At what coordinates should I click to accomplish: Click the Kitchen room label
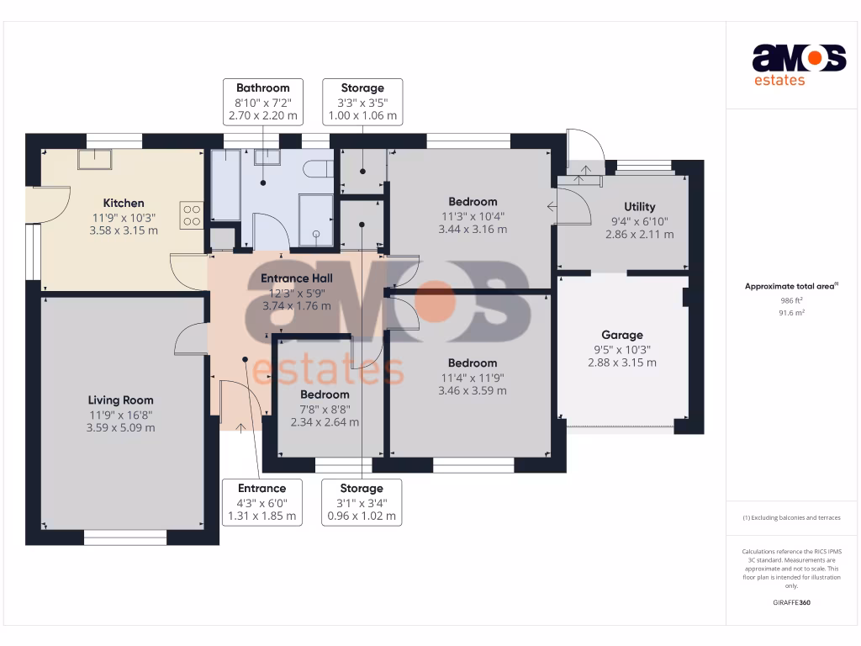[124, 203]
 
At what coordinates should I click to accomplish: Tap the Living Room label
[121, 400]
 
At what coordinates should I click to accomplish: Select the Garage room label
[621, 335]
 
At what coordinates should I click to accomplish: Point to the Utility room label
[639, 207]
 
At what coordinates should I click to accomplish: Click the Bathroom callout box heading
[262, 87]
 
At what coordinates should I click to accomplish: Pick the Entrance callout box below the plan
[261, 502]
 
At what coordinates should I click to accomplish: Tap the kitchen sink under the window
[95, 158]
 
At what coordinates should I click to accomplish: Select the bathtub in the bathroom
[224, 185]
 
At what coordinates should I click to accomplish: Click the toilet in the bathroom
[318, 168]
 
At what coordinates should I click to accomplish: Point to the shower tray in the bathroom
[316, 220]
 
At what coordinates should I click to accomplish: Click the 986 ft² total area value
[792, 300]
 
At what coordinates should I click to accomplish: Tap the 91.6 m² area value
[792, 312]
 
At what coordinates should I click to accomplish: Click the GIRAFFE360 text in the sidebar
[791, 602]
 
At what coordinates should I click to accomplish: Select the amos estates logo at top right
[798, 65]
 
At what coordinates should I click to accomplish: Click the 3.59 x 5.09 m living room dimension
[121, 427]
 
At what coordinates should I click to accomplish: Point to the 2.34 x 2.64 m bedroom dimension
[325, 422]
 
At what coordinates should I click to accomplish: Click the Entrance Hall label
[297, 278]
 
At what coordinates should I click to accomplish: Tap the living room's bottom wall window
[124, 537]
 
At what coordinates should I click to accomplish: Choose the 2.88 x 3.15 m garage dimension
[621, 363]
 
